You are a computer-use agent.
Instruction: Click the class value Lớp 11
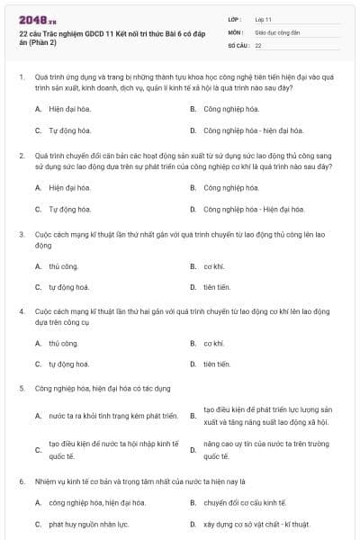(263, 18)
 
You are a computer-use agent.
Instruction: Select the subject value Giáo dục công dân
(276, 31)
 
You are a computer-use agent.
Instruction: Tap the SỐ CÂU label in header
(237, 44)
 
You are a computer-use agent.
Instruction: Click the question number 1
(21, 77)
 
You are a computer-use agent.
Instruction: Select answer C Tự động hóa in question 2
(69, 209)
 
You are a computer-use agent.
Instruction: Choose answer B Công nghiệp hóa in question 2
(223, 188)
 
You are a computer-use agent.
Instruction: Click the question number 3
(21, 234)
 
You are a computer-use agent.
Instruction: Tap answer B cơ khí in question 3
(212, 266)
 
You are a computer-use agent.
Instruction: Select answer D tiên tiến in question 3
(216, 287)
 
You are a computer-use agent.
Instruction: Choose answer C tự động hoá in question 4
(68, 364)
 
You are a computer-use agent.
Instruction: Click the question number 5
(21, 389)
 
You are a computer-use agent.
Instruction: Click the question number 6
(21, 481)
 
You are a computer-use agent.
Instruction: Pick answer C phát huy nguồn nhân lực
(87, 524)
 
